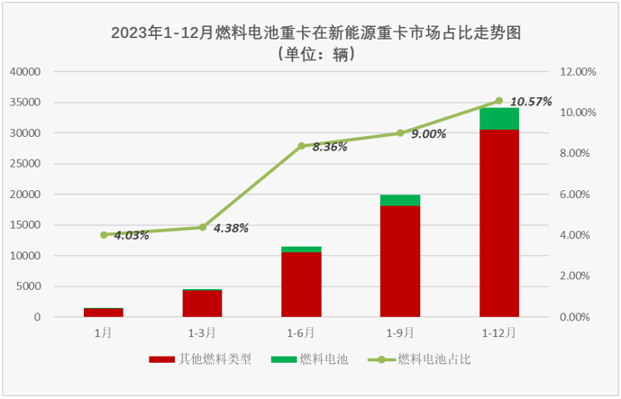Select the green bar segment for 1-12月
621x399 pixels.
tap(498, 119)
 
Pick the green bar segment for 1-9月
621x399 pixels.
tap(400, 200)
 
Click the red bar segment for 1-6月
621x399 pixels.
tap(301, 285)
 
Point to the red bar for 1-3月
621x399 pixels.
tap(203, 304)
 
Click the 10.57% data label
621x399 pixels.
tap(531, 102)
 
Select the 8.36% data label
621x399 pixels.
tap(330, 147)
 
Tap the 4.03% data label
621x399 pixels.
tap(131, 236)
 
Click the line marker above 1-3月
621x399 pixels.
tap(203, 227)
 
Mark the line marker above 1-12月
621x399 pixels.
tap(498, 101)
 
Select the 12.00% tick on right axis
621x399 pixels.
tap(577, 71)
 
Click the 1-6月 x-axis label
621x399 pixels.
tap(301, 332)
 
